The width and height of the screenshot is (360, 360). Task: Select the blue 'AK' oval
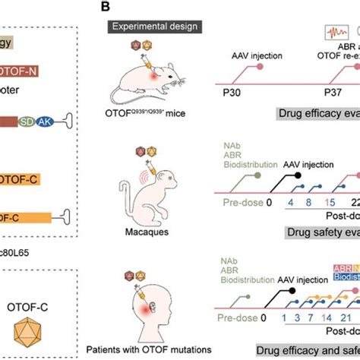[x=48, y=122]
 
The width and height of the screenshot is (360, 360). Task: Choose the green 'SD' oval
[x=28, y=122]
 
